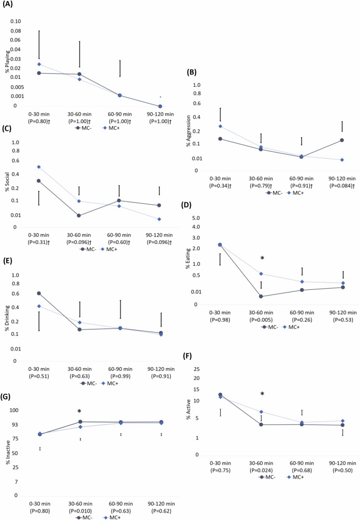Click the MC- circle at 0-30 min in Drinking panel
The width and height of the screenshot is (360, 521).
pyautogui.click(x=39, y=293)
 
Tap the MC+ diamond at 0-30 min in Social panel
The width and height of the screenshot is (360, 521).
pyautogui.click(x=39, y=167)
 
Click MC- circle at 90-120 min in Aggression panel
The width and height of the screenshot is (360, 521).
pyautogui.click(x=342, y=140)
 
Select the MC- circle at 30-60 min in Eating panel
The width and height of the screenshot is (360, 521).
pyautogui.click(x=261, y=297)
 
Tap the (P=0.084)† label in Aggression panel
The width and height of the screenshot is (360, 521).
pyautogui.click(x=341, y=186)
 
